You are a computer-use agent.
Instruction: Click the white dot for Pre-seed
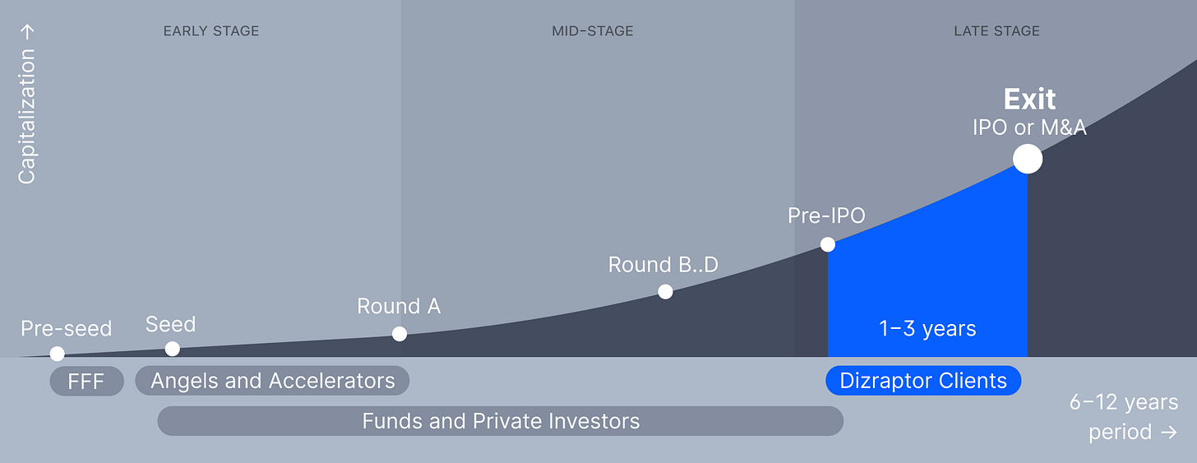point(57,354)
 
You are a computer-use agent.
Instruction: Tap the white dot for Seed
point(172,349)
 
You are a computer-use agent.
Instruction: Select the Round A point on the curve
point(400,334)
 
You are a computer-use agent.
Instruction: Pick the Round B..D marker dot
point(665,291)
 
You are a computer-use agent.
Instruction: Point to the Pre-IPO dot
point(828,244)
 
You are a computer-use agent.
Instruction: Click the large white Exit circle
point(1027,159)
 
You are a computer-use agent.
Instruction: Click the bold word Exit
point(1029,100)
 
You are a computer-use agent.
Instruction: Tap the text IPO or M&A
point(1029,127)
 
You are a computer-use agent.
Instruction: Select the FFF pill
point(86,381)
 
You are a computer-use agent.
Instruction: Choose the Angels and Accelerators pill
point(272,381)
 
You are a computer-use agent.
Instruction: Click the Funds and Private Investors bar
point(500,421)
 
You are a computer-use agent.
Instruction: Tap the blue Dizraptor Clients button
point(923,381)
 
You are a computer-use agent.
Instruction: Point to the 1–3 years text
point(927,329)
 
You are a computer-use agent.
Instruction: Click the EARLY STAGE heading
point(211,31)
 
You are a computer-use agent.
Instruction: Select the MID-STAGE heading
point(592,31)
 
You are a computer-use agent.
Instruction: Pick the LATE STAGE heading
point(996,31)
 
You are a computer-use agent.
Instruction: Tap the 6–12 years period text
point(1123,417)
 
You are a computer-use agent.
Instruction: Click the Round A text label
point(399,307)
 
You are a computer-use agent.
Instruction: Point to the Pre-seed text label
point(66,329)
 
